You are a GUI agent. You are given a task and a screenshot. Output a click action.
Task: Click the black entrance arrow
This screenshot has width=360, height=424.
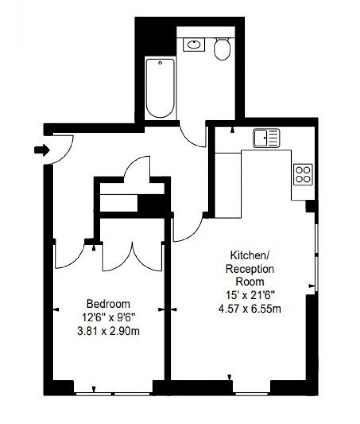click(x=42, y=150)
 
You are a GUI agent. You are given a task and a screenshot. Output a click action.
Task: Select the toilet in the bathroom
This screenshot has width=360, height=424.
click(x=222, y=50)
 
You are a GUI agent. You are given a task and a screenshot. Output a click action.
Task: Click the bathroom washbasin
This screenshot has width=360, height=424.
click(x=194, y=45)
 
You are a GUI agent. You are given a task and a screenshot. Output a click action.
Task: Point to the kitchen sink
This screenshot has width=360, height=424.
click(x=266, y=138)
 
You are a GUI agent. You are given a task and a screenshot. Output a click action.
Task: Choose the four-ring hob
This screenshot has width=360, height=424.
click(x=303, y=174)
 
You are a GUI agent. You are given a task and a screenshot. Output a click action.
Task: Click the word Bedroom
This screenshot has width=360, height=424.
click(x=108, y=304)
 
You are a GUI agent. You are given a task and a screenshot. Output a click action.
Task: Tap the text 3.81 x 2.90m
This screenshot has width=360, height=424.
click(x=108, y=331)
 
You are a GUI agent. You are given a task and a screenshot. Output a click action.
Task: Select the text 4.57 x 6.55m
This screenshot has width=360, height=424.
click(x=250, y=308)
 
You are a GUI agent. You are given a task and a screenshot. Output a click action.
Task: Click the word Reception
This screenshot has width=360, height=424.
click(x=250, y=269)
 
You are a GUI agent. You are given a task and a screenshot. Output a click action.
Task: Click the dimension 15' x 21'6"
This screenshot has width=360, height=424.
click(x=250, y=295)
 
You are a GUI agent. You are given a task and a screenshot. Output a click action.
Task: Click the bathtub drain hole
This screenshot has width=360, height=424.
click(x=160, y=63)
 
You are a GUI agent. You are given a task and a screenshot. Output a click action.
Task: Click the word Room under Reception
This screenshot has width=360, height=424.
click(x=250, y=282)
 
